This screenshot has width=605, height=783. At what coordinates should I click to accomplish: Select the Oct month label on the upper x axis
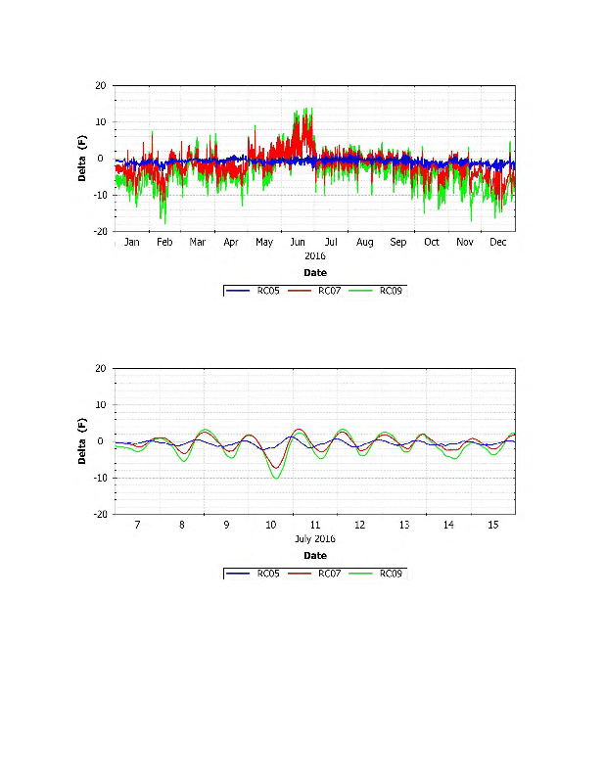(x=432, y=242)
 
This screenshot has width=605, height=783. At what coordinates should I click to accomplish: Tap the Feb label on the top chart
(x=164, y=242)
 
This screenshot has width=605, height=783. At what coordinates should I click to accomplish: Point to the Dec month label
(x=498, y=242)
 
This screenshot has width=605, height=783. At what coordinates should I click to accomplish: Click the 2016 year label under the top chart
(x=315, y=255)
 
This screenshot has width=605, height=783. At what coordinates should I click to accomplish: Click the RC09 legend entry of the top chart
(x=391, y=291)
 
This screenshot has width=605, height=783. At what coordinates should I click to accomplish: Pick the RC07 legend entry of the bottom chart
(x=330, y=574)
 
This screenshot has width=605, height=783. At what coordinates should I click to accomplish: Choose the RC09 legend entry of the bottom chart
(x=391, y=574)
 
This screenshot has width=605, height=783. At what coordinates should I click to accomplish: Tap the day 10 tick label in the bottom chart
(x=271, y=526)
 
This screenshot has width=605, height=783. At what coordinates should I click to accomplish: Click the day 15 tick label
(x=493, y=526)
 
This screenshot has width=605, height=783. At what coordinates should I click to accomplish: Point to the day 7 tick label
(x=137, y=526)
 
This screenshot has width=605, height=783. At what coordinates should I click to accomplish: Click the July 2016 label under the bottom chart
(x=315, y=539)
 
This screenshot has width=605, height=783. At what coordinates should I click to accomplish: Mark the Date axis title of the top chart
(x=315, y=273)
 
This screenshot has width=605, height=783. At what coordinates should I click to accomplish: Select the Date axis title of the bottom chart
(x=315, y=556)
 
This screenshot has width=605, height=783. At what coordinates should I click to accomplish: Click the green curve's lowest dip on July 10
(x=277, y=479)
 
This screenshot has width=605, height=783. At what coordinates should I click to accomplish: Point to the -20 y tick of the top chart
(x=99, y=232)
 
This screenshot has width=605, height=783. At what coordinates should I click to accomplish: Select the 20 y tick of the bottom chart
(x=101, y=369)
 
